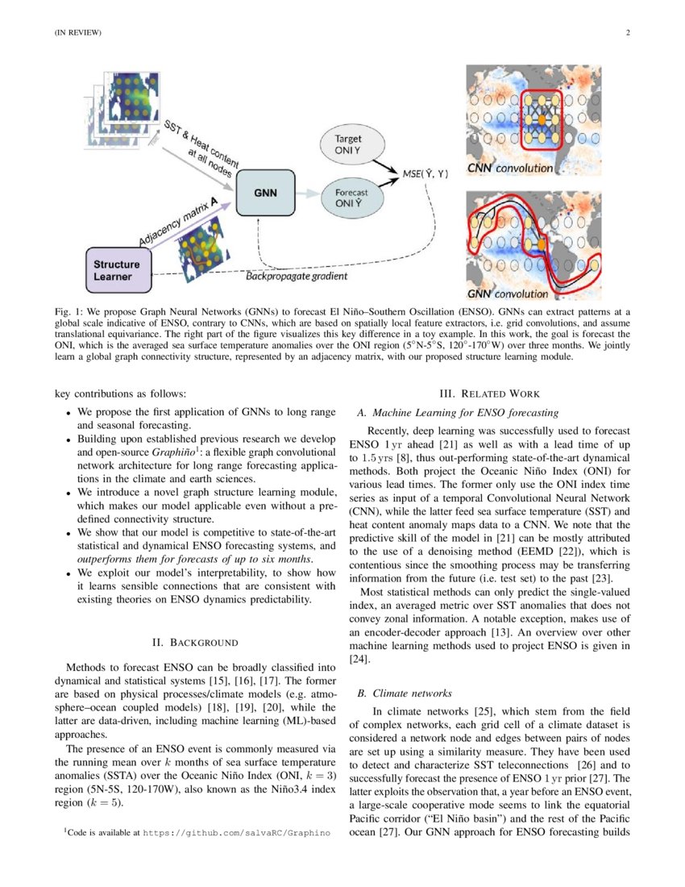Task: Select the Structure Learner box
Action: [119, 270]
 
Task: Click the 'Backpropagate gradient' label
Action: [297, 277]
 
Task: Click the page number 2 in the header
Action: [626, 33]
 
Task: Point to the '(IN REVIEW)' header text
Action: [77, 33]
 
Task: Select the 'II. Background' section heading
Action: [195, 643]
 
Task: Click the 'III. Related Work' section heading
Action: [489, 394]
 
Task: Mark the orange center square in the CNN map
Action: [542, 119]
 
